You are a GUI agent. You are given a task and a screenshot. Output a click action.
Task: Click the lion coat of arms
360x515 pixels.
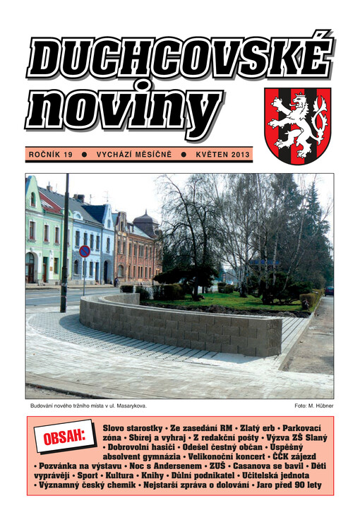[298, 125]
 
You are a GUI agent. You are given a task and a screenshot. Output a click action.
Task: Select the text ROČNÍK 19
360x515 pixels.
[51, 153]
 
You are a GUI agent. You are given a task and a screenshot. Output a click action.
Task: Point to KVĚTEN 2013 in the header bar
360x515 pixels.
[222, 153]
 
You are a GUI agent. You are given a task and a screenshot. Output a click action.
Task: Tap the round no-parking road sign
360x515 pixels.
[85, 251]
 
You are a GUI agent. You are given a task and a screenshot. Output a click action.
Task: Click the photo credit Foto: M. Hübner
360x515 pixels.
[313, 406]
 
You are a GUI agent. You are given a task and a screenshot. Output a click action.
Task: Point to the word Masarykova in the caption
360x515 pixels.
[128, 406]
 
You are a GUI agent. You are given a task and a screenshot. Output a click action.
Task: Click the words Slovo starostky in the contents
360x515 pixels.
[132, 428]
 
